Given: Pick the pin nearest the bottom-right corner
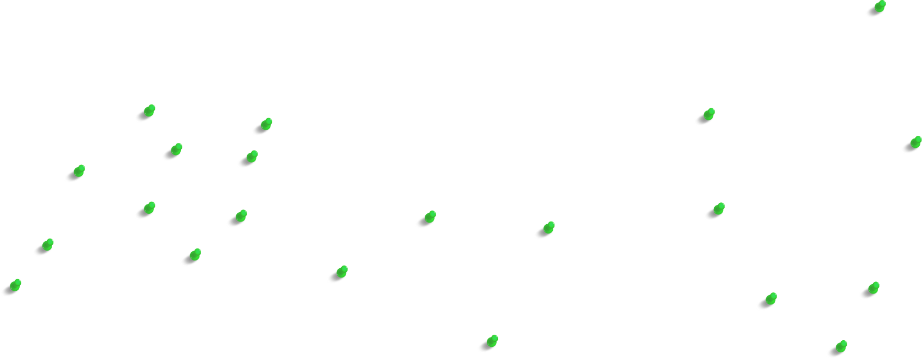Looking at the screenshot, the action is tap(840, 347).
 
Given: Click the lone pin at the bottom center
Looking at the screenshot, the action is tap(491, 341).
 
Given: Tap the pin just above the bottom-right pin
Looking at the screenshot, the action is tap(872, 288).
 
